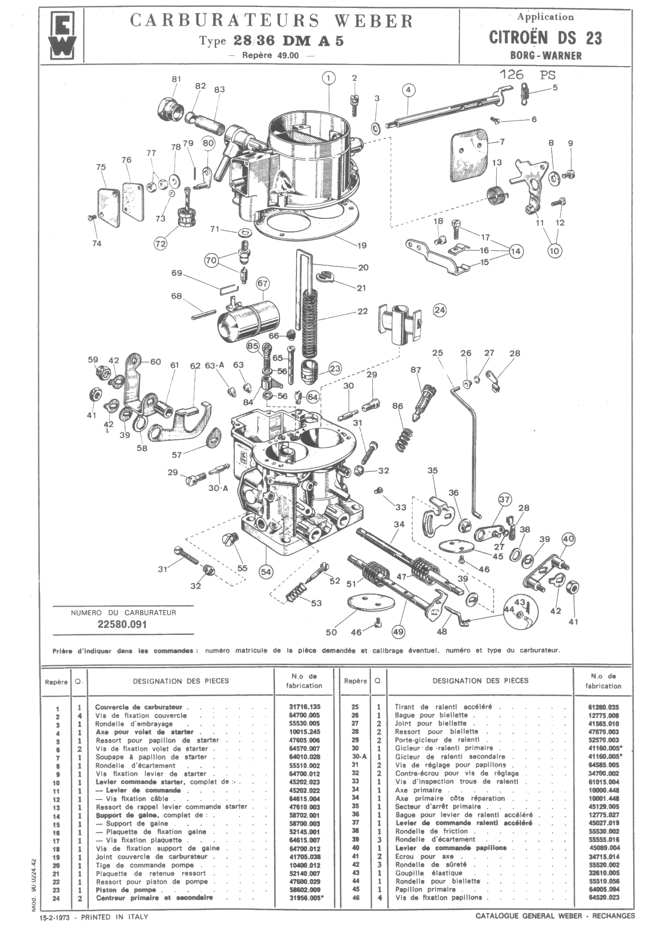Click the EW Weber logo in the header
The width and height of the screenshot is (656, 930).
63,35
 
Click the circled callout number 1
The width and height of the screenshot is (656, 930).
329,78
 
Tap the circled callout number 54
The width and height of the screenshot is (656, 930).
266,572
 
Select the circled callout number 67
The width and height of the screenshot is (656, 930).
263,283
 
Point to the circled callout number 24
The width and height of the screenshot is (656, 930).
440,310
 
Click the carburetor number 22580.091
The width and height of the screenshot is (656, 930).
122,624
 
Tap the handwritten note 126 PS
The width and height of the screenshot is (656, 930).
527,75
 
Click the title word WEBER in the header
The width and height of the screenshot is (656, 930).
374,21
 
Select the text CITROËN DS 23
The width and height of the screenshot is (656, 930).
545,38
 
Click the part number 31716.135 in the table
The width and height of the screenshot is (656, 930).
304,707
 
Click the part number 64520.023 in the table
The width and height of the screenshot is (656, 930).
604,898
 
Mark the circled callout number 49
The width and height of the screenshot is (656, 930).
398,632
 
